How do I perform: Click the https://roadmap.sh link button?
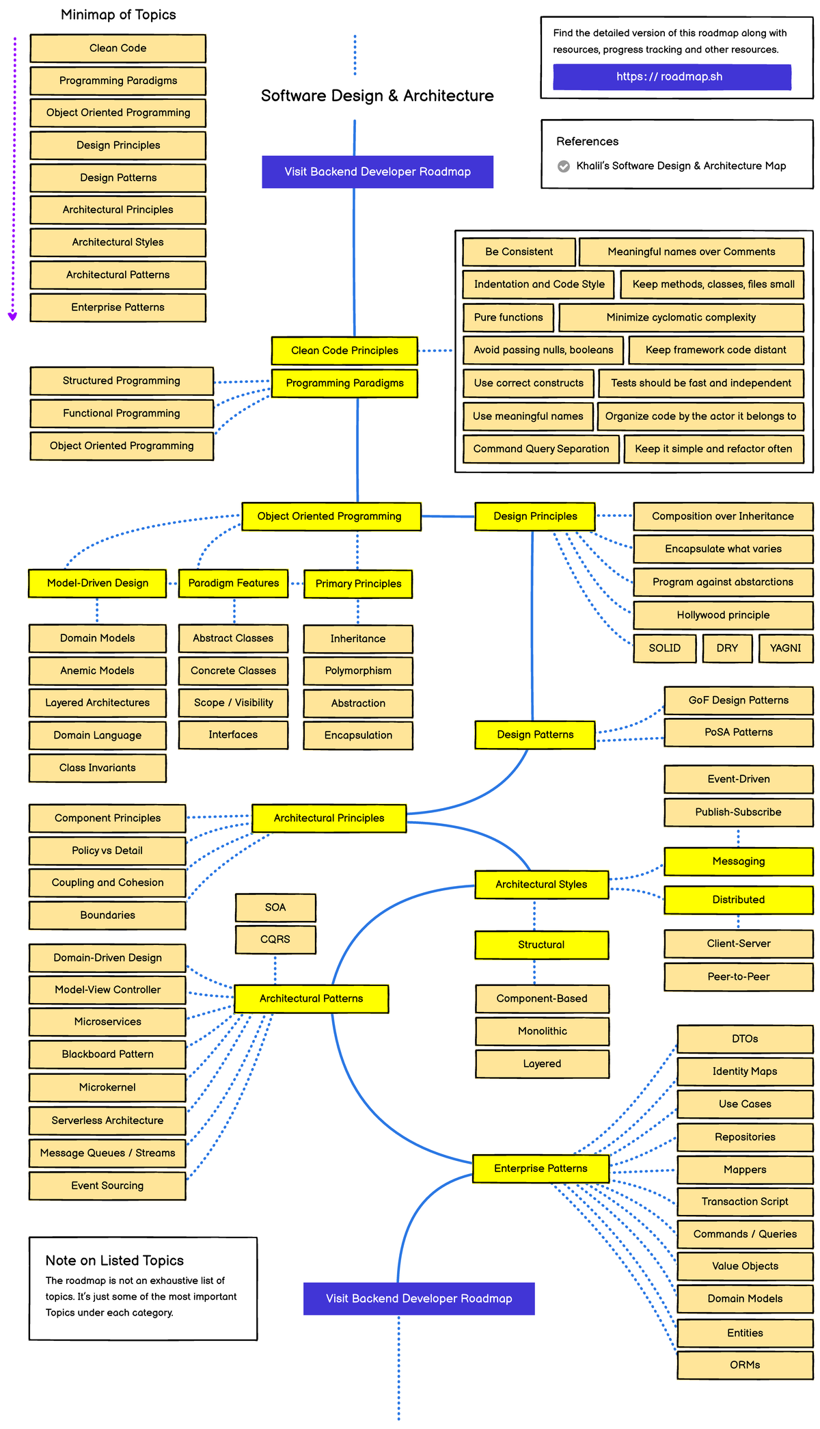(x=672, y=77)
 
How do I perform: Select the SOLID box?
(x=665, y=648)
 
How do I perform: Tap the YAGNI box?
(x=785, y=648)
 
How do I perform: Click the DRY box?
(x=727, y=648)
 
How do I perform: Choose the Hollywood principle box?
(x=723, y=615)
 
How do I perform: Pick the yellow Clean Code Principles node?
(x=344, y=351)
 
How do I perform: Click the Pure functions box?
(x=508, y=317)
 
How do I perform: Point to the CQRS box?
(x=275, y=939)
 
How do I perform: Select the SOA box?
(x=275, y=907)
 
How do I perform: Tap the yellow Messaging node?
(x=738, y=862)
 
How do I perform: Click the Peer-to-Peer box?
(x=738, y=976)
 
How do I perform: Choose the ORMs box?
(x=745, y=1365)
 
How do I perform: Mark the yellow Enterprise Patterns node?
(x=541, y=1168)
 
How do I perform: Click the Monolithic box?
(x=542, y=1031)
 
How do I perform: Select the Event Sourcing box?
(x=107, y=1186)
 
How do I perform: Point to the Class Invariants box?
(x=98, y=768)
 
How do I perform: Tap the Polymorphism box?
(x=358, y=671)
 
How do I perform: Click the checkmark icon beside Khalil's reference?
(x=564, y=166)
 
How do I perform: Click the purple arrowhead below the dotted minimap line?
(x=12, y=317)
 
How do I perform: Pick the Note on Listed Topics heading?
(x=115, y=1261)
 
